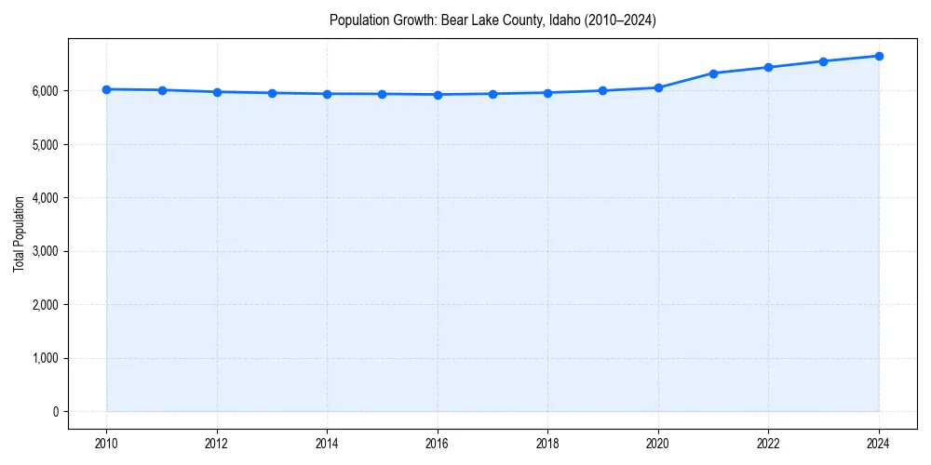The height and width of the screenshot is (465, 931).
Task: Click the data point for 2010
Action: pos(106,89)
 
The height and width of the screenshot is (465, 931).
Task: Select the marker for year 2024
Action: pos(879,56)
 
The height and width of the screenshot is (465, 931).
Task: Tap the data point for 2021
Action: pos(713,73)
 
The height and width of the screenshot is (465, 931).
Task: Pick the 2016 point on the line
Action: pos(438,94)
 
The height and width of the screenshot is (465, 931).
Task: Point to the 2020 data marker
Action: pos(658,87)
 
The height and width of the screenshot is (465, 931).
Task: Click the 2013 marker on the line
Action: pos(272,93)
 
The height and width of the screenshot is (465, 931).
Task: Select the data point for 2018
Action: pos(547,92)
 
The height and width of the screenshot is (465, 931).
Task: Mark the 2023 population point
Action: pos(823,61)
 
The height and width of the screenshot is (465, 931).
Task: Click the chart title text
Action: pos(492,20)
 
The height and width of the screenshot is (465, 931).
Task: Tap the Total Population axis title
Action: pos(19,233)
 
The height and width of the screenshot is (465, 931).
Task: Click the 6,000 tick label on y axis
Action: pos(44,91)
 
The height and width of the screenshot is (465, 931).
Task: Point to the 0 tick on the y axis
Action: pos(55,412)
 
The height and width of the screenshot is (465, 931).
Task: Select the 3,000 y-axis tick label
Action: pos(44,251)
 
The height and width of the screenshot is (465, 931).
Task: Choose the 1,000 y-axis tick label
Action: pos(44,358)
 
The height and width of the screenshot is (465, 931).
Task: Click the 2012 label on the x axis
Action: pos(217,443)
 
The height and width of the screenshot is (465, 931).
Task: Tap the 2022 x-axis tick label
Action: pos(768,443)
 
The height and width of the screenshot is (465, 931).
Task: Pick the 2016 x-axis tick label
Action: pos(438,443)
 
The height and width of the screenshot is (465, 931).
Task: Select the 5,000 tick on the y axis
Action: pos(44,145)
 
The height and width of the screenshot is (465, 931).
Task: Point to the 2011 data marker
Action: pos(162,90)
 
